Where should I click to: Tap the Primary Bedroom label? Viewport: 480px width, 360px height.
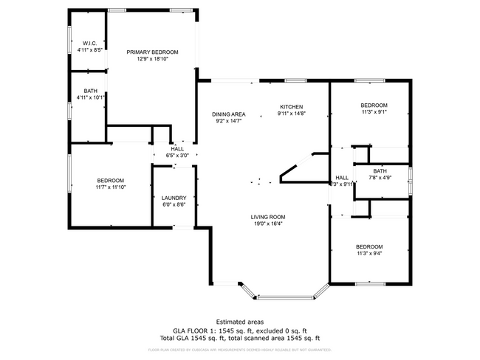pos(152,52)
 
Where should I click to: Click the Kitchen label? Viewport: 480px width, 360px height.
pos(291,107)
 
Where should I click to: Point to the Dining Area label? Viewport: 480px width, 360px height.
pos(229,114)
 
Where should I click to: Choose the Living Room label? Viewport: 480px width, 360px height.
pos(267,216)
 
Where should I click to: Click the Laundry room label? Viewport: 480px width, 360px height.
pos(174,198)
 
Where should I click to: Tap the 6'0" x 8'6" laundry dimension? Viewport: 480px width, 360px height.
pos(174,204)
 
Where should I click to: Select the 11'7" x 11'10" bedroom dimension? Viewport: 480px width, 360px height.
pos(111,187)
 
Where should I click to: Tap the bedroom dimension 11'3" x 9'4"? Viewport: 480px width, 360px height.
pos(369,253)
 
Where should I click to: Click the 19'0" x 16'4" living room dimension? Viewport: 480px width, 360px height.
pos(267,223)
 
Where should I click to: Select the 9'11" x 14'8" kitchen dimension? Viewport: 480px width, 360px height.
pos(291,114)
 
